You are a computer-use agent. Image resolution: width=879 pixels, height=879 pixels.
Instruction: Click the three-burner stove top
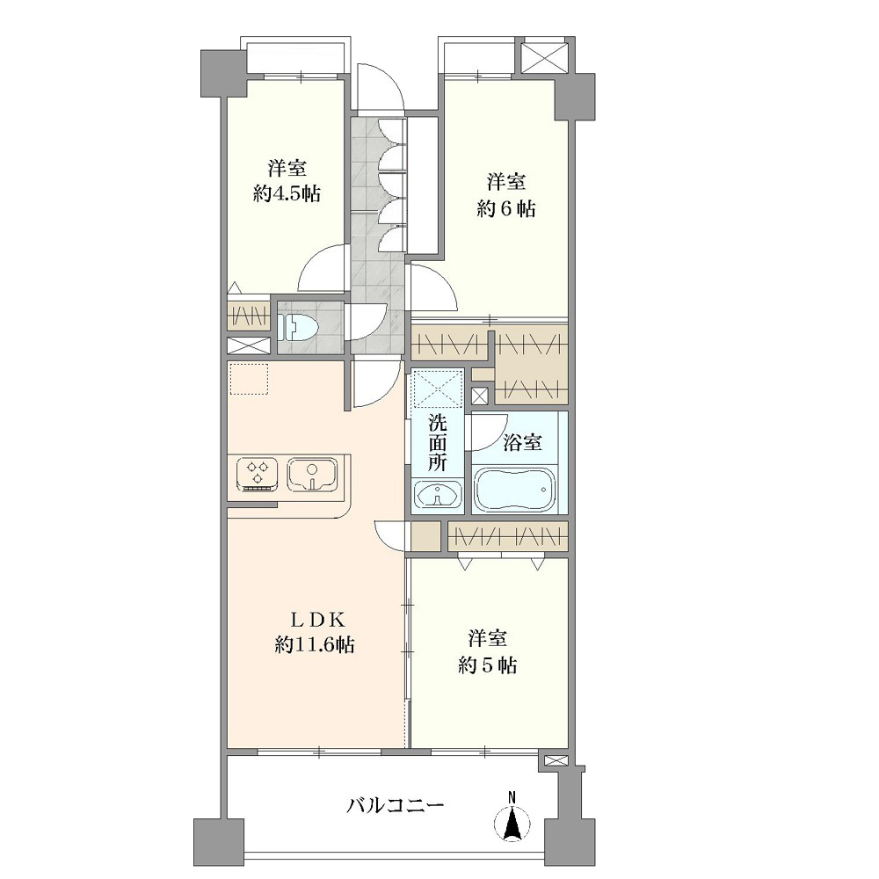coord(258,475)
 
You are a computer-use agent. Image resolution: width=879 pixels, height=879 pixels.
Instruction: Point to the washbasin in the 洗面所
coord(437,495)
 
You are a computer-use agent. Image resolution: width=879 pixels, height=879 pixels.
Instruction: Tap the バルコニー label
coord(396,806)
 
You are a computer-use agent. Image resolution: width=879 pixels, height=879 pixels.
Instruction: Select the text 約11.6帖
coord(315,645)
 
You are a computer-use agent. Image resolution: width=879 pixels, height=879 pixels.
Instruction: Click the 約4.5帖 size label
coord(287,194)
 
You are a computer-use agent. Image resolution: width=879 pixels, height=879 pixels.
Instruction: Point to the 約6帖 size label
coord(505,208)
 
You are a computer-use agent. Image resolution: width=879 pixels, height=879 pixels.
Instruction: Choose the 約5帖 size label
coord(487,665)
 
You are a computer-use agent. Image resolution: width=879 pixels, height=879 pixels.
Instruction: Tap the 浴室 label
coord(522,442)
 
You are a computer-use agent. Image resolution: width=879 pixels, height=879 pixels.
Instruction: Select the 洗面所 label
coord(437,442)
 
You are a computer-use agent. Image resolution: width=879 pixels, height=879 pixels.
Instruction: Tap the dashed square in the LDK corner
coord(249,380)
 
